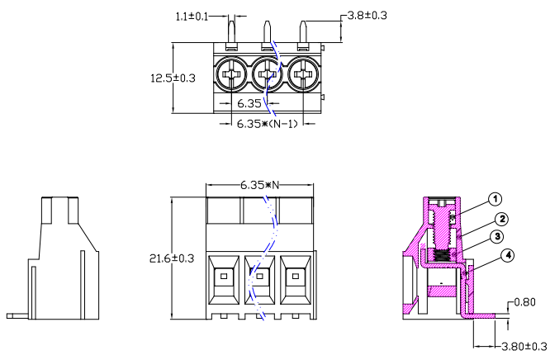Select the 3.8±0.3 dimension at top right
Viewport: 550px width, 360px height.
pyautogui.click(x=366, y=15)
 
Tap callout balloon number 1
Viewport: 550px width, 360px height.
pyautogui.click(x=495, y=199)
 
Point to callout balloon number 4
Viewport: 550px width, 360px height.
pyautogui.click(x=508, y=255)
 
